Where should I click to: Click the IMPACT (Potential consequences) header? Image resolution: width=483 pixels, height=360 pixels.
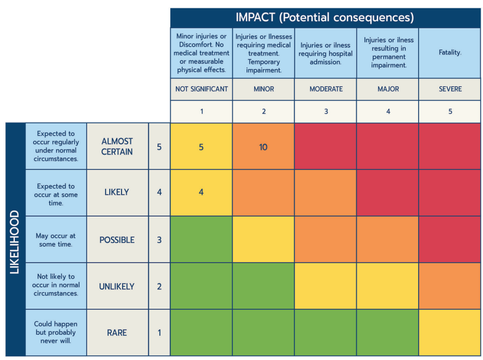[326, 17]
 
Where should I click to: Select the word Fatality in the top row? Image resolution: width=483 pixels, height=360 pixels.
[450, 53]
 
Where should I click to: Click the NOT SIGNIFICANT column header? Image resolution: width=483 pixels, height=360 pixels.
[202, 89]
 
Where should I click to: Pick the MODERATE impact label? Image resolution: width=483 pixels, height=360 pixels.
[326, 89]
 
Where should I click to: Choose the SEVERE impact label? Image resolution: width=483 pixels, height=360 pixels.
[450, 89]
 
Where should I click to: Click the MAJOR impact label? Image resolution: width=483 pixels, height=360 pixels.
[387, 89]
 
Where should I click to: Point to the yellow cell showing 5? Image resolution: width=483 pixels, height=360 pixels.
[201, 147]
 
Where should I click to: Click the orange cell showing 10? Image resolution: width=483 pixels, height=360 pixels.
[263, 147]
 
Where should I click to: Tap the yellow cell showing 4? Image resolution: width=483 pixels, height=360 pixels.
[201, 192]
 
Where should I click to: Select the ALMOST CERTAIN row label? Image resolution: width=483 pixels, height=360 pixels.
[117, 146]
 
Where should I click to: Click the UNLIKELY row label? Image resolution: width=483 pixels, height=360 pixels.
[117, 286]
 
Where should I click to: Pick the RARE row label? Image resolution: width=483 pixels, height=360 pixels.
[117, 332]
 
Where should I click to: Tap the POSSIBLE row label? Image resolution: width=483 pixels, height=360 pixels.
[117, 240]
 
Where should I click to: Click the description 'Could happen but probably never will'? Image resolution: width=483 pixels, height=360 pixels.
[56, 332]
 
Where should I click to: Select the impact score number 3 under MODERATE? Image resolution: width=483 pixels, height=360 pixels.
[326, 112]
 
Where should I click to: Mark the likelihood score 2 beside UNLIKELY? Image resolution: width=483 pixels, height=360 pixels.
[159, 286]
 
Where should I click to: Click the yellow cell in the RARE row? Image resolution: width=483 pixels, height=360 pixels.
[450, 332]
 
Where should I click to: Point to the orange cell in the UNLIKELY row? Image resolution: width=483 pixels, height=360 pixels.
[450, 286]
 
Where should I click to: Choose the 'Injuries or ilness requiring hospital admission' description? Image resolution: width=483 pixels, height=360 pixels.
[326, 53]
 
